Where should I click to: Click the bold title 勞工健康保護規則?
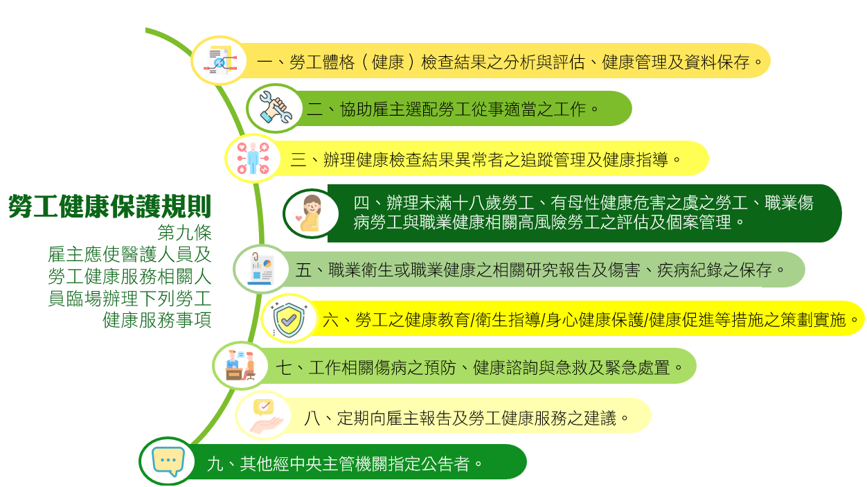point(109,206)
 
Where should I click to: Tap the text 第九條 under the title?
point(184,233)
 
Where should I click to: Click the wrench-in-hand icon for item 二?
point(275,107)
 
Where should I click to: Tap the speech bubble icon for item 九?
point(168,461)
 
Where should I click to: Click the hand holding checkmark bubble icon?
point(266,416)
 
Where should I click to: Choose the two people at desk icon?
point(240,366)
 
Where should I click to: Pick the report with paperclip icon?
point(261,268)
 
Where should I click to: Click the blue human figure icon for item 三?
point(253,159)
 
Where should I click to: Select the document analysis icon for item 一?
point(220,61)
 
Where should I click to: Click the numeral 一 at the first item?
point(265,62)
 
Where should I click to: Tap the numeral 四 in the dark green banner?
point(361,203)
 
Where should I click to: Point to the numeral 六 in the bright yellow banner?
point(331,320)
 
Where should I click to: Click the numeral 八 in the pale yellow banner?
point(312,418)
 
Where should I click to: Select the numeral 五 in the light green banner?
point(303,270)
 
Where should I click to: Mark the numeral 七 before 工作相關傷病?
point(284,367)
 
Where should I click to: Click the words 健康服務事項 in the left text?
point(157,320)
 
